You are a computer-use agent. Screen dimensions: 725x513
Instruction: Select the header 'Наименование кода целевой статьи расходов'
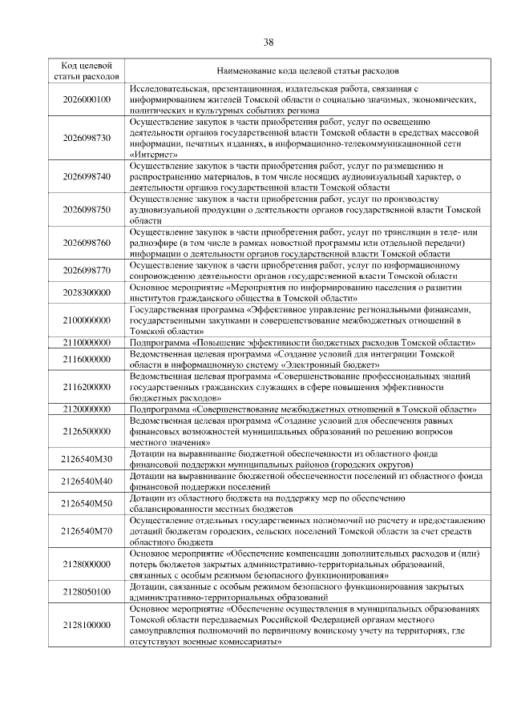pyautogui.click(x=307, y=70)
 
